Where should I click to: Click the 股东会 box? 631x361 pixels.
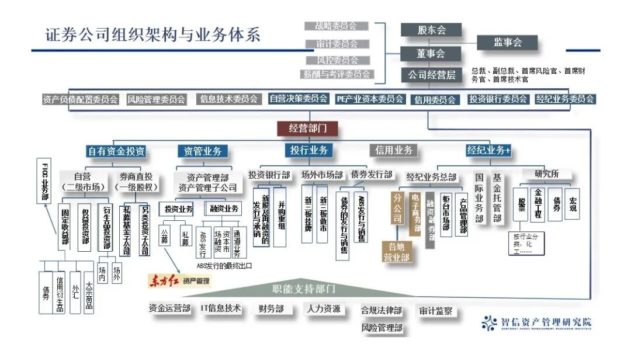(x=431, y=30)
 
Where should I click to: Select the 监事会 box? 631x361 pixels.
(x=507, y=42)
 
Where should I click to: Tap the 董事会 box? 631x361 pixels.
(x=431, y=53)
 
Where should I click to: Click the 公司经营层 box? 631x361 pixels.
(x=431, y=75)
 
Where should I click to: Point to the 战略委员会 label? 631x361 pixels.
(x=337, y=26)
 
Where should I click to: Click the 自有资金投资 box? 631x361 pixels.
(x=116, y=151)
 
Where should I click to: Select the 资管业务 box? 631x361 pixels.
(x=202, y=151)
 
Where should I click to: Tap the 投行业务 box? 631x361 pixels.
(x=309, y=150)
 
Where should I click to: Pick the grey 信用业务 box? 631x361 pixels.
(x=394, y=150)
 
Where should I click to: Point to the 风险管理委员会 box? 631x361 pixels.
(x=156, y=99)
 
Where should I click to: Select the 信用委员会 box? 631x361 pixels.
(x=435, y=100)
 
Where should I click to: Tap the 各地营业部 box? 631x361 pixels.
(x=396, y=251)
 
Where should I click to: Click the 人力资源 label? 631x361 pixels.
(x=324, y=308)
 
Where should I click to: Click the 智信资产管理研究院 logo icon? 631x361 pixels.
(x=490, y=322)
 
